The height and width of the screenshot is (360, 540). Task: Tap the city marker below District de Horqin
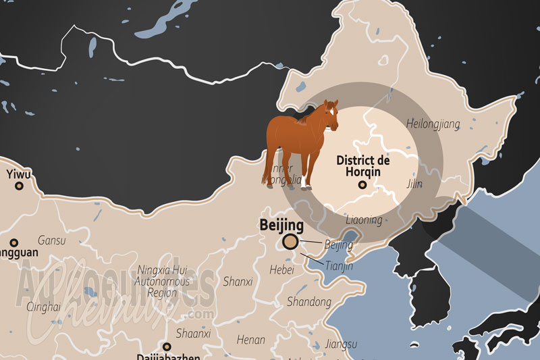(x=362, y=184)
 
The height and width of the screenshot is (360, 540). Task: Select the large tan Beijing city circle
(x=292, y=241)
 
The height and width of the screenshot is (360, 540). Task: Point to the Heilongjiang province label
(x=433, y=123)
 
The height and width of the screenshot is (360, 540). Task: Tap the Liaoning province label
(x=364, y=220)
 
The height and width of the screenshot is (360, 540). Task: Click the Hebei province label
(x=282, y=269)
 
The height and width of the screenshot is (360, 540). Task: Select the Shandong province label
(x=308, y=301)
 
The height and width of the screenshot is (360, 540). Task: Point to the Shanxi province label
(x=237, y=281)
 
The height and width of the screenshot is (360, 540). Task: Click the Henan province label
(x=251, y=340)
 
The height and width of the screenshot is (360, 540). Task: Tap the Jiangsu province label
(x=340, y=344)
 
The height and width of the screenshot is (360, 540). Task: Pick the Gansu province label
(x=52, y=240)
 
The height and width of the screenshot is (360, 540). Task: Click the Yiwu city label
(x=19, y=174)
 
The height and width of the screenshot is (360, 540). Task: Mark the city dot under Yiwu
(x=19, y=185)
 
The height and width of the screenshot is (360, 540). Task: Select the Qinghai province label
(x=43, y=307)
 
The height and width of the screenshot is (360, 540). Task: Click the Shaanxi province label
(x=193, y=334)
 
